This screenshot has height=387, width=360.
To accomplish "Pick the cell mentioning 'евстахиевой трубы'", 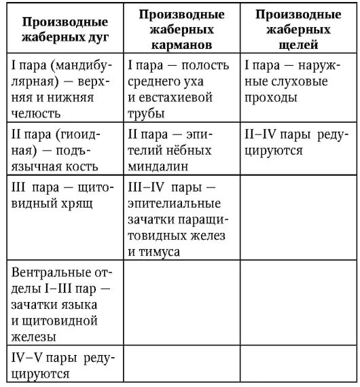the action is [180, 88].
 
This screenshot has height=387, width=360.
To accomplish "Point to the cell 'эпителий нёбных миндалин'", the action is [180, 147].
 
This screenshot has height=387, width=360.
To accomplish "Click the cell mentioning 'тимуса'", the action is [180, 217].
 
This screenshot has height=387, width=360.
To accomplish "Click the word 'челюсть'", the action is [35, 113].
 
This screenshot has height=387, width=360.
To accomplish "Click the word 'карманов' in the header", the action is [180, 45].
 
